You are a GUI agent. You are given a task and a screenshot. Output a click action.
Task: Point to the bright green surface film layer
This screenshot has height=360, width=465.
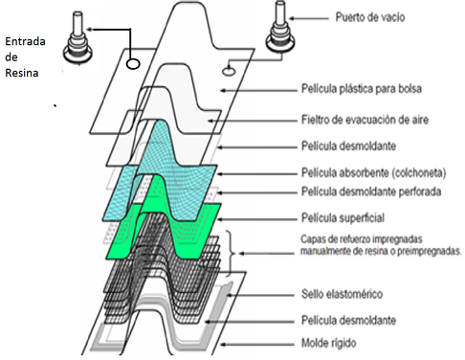(x=206, y=217)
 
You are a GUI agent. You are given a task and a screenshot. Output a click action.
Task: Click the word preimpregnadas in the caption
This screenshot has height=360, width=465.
(x=421, y=252)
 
